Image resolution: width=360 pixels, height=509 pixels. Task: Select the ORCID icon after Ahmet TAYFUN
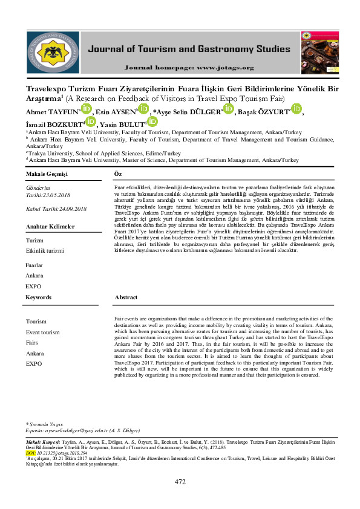[86, 109]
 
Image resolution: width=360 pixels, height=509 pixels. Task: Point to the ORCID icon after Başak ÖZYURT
[296, 109]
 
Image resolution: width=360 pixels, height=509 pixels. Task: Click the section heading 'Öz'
[118, 173]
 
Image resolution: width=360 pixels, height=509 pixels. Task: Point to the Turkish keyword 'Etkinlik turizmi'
[45, 250]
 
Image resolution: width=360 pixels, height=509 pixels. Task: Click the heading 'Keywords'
[39, 297]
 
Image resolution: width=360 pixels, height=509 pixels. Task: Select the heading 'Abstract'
[126, 297]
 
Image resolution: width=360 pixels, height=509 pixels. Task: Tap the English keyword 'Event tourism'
[43, 332]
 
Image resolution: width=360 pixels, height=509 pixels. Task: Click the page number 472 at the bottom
[180, 482]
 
